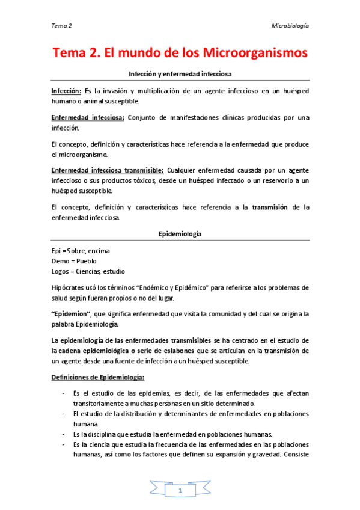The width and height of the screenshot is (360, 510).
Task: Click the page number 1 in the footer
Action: click(x=180, y=491)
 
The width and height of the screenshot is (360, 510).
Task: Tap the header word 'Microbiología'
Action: click(x=291, y=26)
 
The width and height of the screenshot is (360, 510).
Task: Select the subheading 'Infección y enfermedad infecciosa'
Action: click(x=180, y=73)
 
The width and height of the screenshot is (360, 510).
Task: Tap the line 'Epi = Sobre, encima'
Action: click(x=81, y=250)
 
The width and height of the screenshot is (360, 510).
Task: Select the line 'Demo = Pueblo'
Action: click(x=75, y=261)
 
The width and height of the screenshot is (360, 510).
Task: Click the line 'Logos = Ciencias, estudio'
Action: click(x=88, y=271)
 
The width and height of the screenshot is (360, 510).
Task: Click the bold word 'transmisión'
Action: click(x=270, y=207)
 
